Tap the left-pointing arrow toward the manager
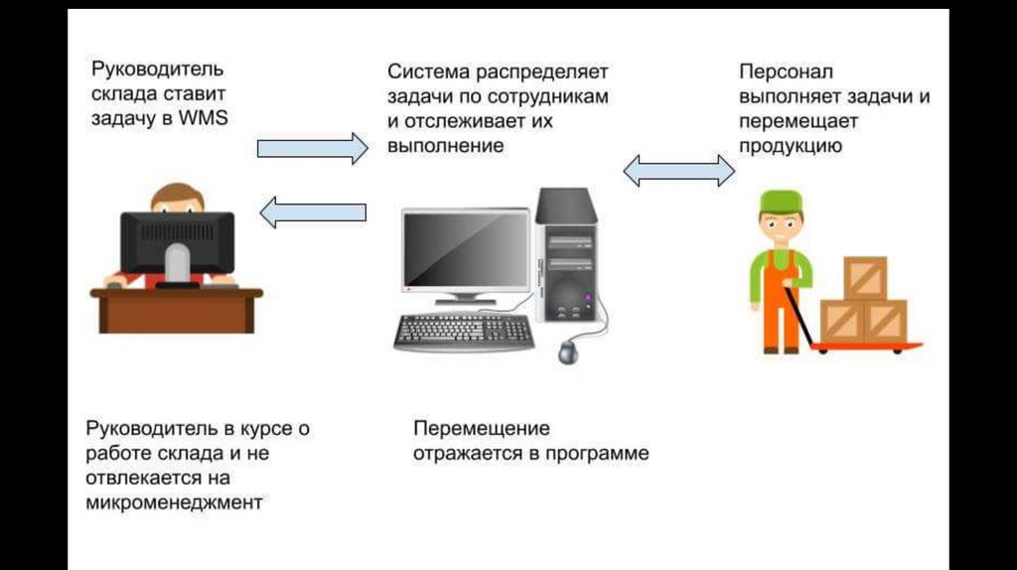pyautogui.click(x=312, y=211)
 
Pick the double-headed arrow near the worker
pyautogui.click(x=679, y=170)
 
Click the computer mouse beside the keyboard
pyautogui.click(x=568, y=351)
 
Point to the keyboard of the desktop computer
pyautogui.click(x=464, y=333)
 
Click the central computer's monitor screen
pyautogui.click(x=465, y=250)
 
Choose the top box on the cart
pyautogui.click(x=864, y=278)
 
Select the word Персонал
pyautogui.click(x=786, y=73)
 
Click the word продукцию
pyautogui.click(x=791, y=145)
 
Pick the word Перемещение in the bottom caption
pyautogui.click(x=482, y=429)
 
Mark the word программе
pyautogui.click(x=601, y=454)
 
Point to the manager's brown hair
pyautogui.click(x=177, y=195)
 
